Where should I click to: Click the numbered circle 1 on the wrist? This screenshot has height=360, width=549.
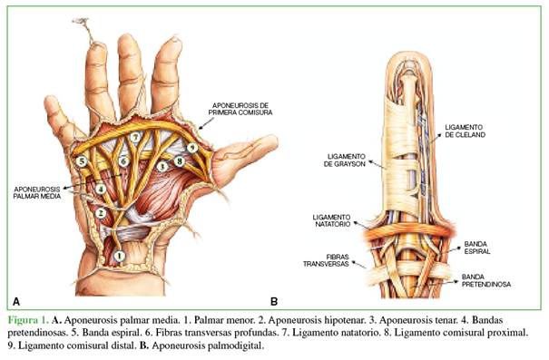click(x=120, y=256)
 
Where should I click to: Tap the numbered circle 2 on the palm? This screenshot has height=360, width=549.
click(x=101, y=213)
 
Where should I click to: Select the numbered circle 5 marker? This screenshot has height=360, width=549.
click(x=82, y=161)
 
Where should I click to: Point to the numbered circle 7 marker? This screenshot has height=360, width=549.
click(x=135, y=138)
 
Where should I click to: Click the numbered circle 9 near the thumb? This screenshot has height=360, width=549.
click(x=191, y=148)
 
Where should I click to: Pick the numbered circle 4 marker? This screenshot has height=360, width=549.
click(x=101, y=190)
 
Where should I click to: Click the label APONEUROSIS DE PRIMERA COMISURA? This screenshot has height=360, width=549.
click(x=240, y=109)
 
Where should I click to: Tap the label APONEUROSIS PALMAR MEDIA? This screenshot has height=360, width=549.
click(x=37, y=192)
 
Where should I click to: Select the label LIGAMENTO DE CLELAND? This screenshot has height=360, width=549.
click(x=465, y=131)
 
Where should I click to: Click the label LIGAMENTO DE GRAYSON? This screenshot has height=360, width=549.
click(x=345, y=161)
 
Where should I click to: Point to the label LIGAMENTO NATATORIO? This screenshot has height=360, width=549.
click(x=331, y=220)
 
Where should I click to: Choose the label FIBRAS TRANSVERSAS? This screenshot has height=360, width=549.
click(x=326, y=260)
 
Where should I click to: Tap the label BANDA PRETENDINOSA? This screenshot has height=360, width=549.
click(x=486, y=280)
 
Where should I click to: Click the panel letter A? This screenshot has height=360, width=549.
click(x=16, y=301)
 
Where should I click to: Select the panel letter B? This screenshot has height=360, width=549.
click(x=274, y=301)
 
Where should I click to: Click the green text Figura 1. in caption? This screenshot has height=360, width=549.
click(x=28, y=320)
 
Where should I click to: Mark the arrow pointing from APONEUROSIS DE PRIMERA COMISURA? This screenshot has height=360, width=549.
click(x=206, y=122)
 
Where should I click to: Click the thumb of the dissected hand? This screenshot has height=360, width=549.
click(x=245, y=154)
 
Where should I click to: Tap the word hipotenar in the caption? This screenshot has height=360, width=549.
click(x=345, y=320)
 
